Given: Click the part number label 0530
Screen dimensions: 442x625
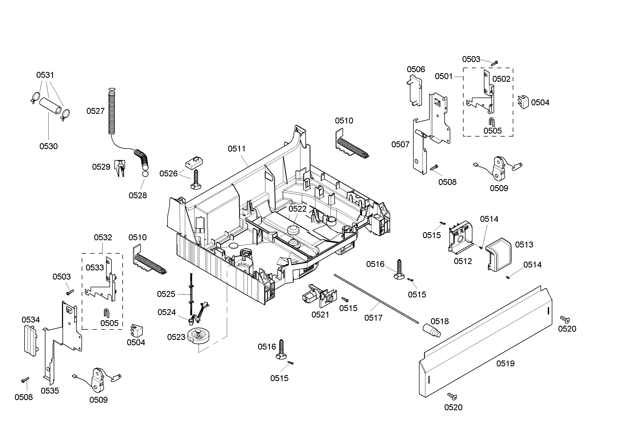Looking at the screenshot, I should tap(48, 146).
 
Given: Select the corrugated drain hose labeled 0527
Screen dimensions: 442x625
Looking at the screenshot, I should tap(112, 113).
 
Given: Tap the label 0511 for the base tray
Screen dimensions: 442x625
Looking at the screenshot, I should tap(236, 149).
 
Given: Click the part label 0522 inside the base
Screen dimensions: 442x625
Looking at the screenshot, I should tap(297, 209).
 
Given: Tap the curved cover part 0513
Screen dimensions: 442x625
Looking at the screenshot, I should tap(499, 254).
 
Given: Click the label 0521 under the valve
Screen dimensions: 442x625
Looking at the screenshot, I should tap(320, 315).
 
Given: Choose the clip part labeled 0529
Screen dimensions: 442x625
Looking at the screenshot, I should tap(120, 168).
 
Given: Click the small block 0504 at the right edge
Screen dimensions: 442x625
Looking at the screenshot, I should tap(523, 102).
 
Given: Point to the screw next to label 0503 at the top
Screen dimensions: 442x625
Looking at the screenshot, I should tap(494, 63).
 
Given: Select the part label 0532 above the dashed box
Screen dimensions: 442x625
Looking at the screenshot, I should tap(103, 237).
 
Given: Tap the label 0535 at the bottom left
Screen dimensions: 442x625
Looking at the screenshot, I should tap(50, 391).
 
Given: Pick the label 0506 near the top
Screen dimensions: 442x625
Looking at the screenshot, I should tap(416, 69).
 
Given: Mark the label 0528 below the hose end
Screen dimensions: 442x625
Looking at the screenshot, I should tap(138, 195).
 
